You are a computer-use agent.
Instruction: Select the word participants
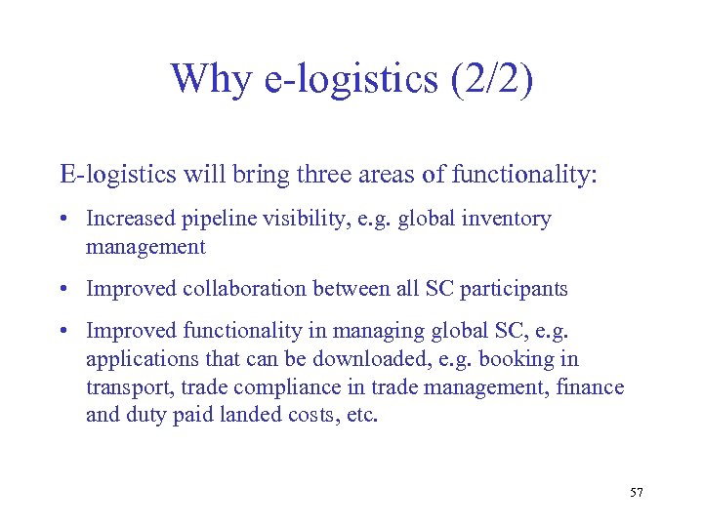pyautogui.click(x=517, y=290)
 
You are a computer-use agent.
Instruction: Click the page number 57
pyautogui.click(x=637, y=492)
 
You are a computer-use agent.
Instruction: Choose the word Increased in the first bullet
pyautogui.click(x=129, y=220)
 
